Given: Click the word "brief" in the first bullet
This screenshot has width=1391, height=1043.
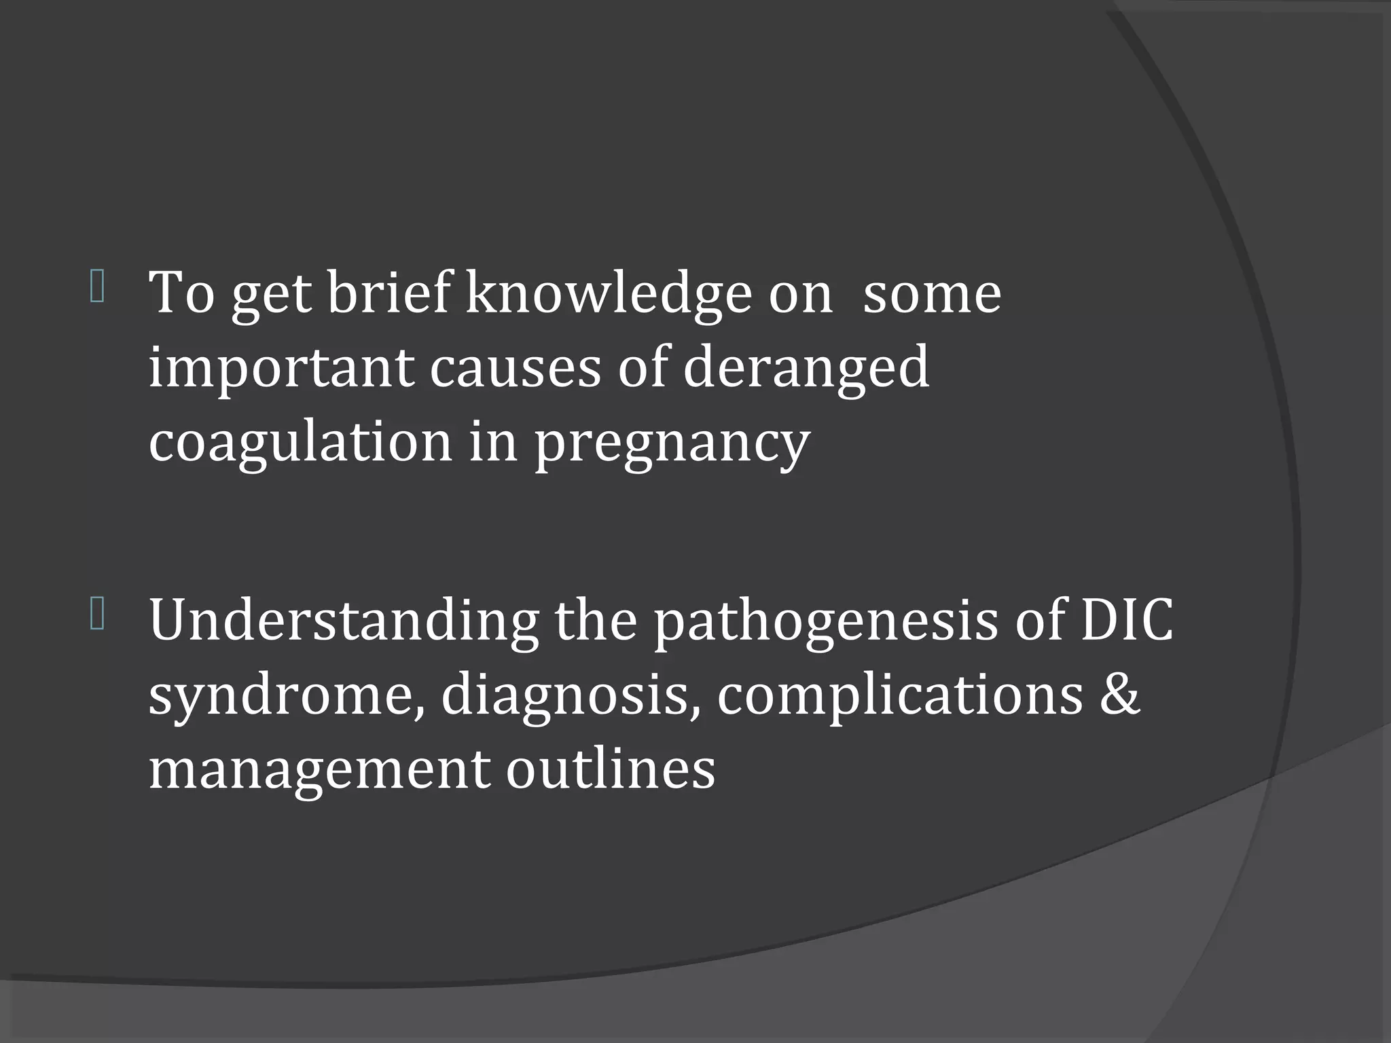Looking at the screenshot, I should tap(388, 293).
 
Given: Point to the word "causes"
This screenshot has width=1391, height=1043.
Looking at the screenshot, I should tap(515, 367).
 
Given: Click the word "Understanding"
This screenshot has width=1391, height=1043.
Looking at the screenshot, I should tap(344, 621).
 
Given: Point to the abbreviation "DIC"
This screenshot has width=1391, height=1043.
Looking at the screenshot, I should tap(1126, 619).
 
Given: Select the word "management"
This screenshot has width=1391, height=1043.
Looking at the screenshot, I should tap(319, 770).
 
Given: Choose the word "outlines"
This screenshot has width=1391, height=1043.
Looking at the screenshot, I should tap(610, 769).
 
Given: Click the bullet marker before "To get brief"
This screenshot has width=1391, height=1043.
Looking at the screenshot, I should tap(96, 288).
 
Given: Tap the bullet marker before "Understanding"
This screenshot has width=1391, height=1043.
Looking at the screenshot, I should tap(96, 616).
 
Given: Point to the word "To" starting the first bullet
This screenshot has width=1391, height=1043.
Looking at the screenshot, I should tap(181, 293).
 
